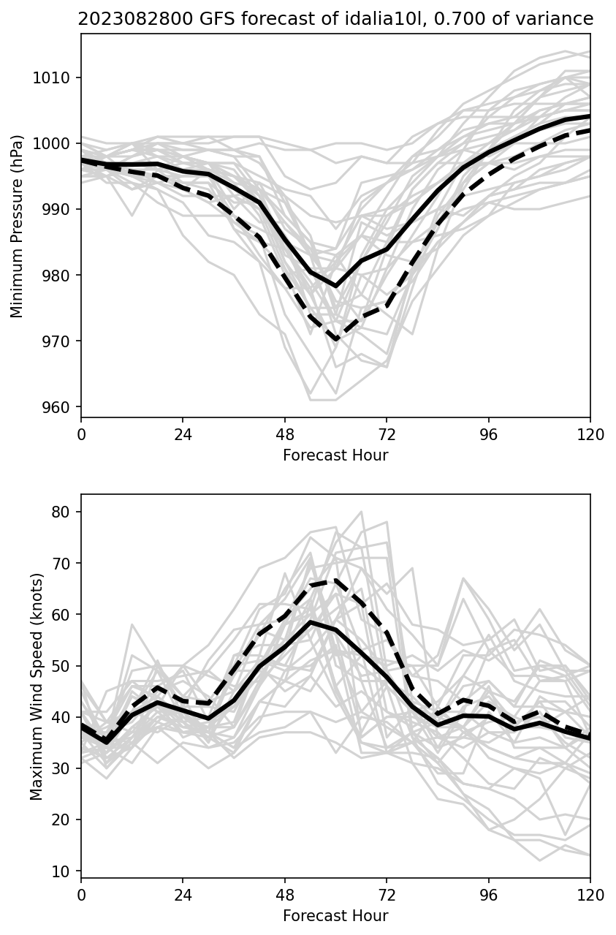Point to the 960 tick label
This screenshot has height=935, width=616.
56,408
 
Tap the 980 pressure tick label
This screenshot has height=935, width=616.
56,276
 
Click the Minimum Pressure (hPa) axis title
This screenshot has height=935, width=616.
18,226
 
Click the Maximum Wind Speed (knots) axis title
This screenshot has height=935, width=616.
37,686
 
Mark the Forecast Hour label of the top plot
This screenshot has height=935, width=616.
335,455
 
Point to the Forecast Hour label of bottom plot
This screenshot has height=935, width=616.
335,916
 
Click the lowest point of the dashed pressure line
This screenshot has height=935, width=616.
335,340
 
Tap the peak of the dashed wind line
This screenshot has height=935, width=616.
335,580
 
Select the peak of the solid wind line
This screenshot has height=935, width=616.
310,622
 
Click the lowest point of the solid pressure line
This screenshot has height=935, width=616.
335,286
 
